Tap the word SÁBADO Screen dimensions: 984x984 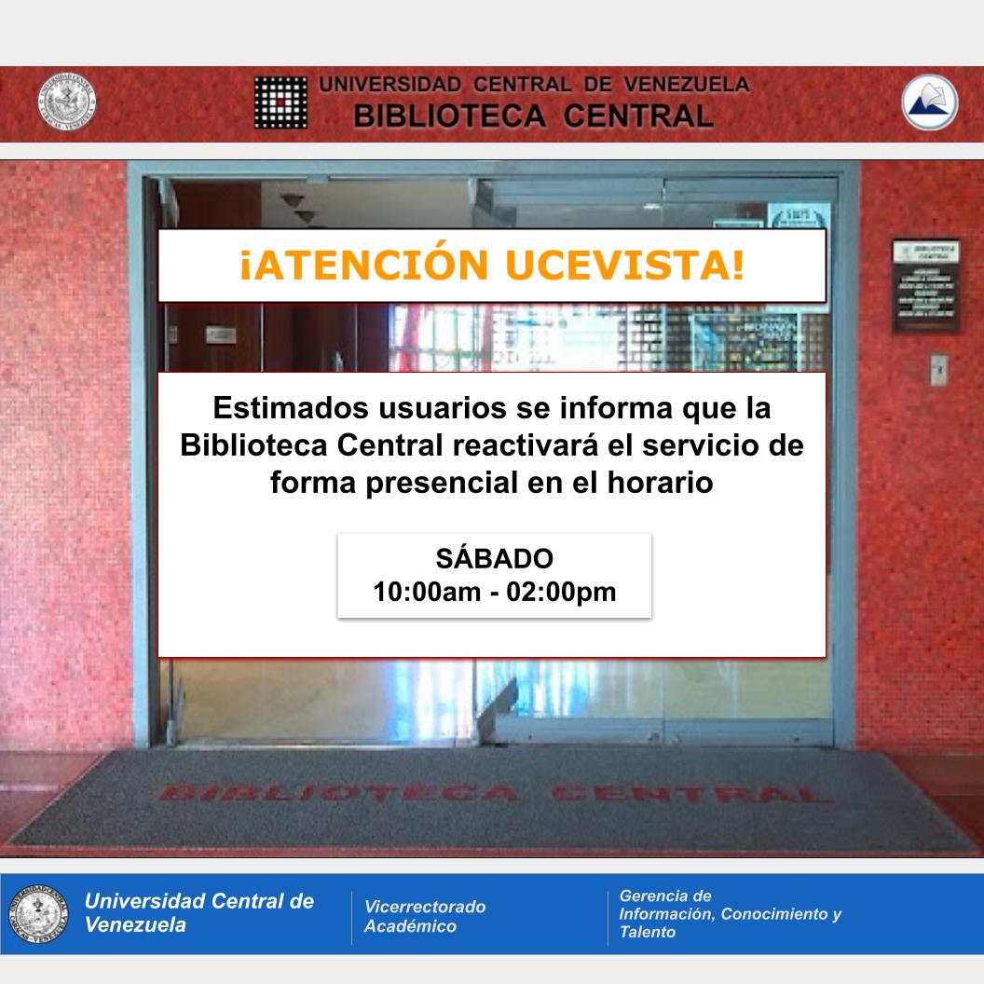(x=494, y=559)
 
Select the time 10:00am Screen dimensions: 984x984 (x=427, y=592)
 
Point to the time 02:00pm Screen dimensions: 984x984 (x=561, y=592)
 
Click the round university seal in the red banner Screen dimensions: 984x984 (x=67, y=102)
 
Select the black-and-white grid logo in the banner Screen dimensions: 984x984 (x=280, y=102)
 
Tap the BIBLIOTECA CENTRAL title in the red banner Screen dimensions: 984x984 (x=533, y=116)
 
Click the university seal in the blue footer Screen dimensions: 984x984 (x=39, y=913)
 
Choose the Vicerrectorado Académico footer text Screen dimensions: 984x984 (x=425, y=916)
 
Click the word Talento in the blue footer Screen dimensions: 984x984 (x=648, y=932)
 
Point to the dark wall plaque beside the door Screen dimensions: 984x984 (x=924, y=284)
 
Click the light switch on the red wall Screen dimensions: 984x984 (x=939, y=369)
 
